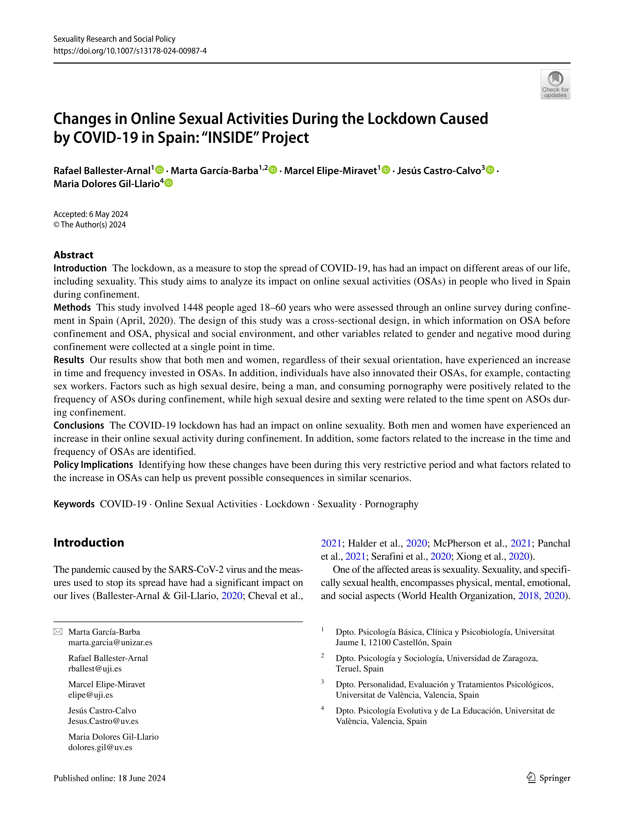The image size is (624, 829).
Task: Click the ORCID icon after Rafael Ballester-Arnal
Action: coord(160,170)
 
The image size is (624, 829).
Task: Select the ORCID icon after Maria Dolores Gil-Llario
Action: coord(169,183)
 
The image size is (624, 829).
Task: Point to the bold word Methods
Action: coord(72,307)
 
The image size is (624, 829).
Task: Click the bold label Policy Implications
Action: coord(93,465)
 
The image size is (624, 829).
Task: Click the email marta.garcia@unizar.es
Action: coord(110,642)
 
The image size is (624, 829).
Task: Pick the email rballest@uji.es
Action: coord(95,668)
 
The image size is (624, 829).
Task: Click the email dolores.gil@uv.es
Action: coord(100,747)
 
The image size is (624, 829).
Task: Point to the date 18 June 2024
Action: coord(142,778)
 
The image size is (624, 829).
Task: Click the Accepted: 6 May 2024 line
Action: coord(91,214)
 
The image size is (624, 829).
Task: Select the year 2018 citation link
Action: coord(528,596)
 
